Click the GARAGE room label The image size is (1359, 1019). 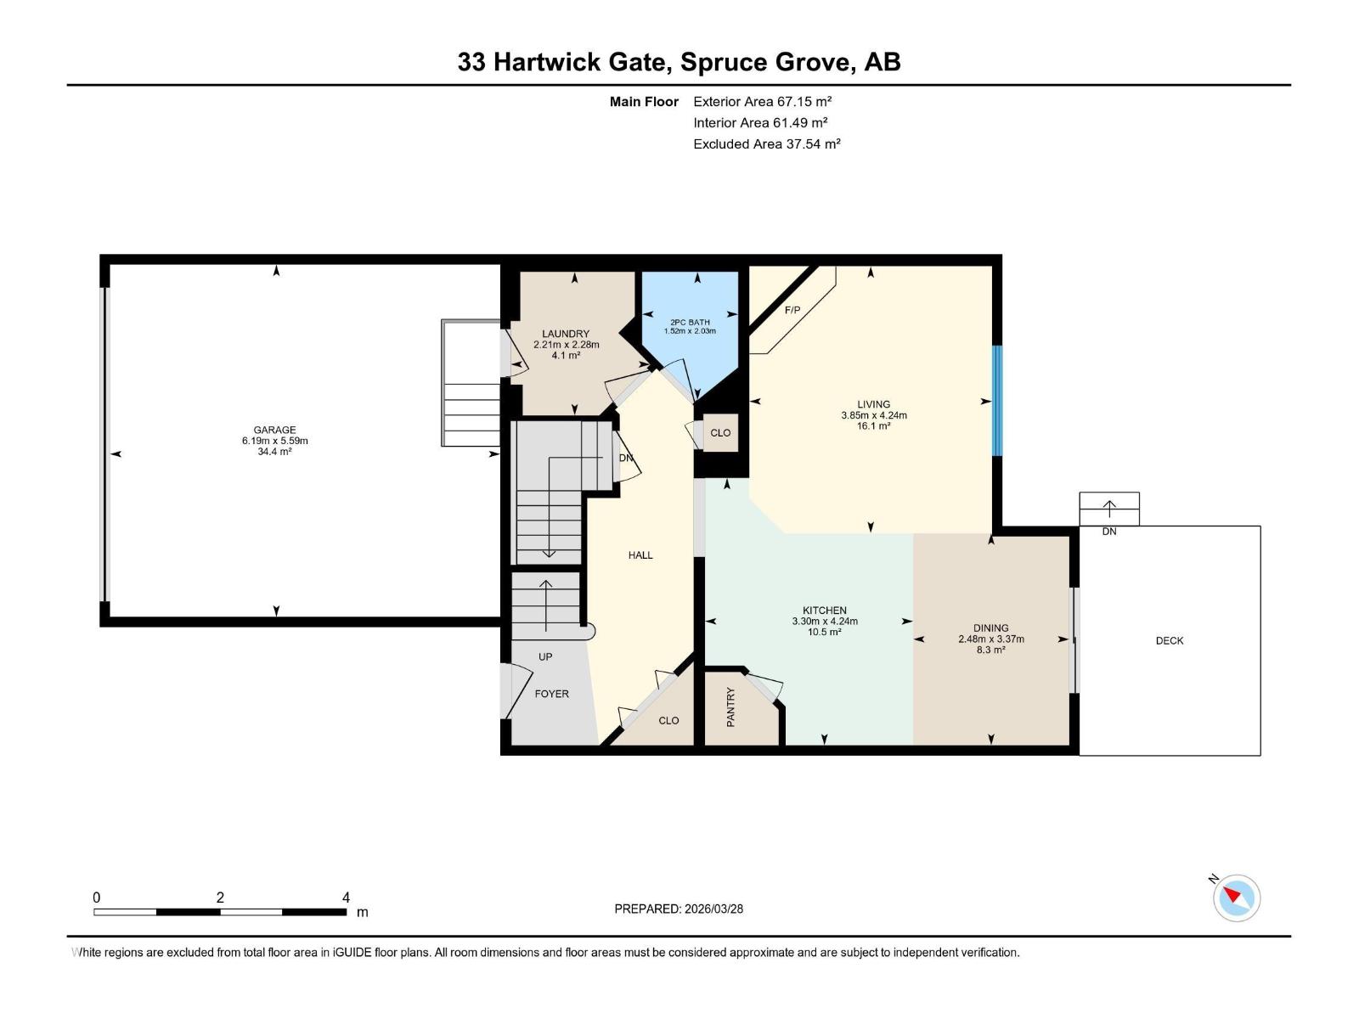274,430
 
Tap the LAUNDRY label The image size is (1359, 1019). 566,334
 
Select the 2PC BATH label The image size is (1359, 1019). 690,322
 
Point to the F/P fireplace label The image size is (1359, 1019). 792,310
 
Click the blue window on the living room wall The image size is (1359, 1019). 997,400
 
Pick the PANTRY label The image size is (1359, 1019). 730,707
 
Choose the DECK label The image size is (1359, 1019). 1169,640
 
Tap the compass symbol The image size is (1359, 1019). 1236,898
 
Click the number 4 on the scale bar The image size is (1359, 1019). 346,897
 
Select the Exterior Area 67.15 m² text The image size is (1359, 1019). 762,101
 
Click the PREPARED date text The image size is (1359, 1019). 679,909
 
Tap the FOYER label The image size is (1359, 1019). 551,694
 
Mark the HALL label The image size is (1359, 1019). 640,555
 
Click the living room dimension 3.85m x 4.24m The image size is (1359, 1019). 874,415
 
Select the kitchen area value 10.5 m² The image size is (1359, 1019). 824,632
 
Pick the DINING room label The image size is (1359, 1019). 990,628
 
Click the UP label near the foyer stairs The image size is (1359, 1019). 544,656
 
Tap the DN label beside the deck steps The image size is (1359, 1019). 1109,531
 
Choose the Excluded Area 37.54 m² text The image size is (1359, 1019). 766,144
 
